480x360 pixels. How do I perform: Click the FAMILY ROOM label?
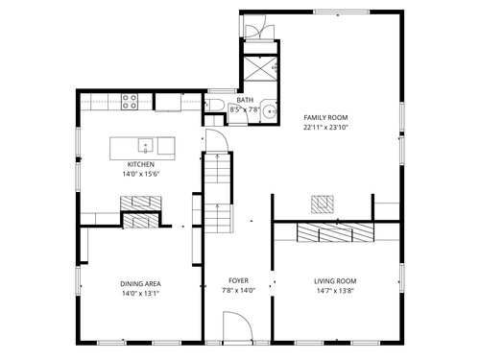coord(325,117)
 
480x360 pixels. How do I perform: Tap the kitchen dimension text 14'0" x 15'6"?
coord(141,175)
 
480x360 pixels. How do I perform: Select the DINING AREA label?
coord(140,284)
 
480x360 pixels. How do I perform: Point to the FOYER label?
coord(238,280)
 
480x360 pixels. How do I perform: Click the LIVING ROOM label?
coord(335,281)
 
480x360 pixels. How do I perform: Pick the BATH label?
coord(245,100)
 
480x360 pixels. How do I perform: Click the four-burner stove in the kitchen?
coord(130,102)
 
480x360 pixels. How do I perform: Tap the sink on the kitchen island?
coord(145,146)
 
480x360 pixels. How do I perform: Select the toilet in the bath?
coord(214,105)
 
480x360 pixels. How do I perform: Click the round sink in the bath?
coord(270,111)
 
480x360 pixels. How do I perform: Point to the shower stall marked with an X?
coord(260,69)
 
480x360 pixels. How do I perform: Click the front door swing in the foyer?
coord(237,325)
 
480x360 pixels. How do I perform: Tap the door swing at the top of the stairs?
coord(217,140)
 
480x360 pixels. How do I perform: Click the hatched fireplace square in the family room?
coord(323,204)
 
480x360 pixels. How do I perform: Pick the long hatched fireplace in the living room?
coord(335,232)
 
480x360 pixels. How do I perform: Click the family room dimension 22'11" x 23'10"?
coord(325,128)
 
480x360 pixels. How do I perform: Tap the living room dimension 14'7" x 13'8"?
coord(335,291)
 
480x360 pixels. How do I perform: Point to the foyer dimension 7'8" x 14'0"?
coord(238,291)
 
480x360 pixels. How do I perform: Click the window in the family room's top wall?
coord(342,12)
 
